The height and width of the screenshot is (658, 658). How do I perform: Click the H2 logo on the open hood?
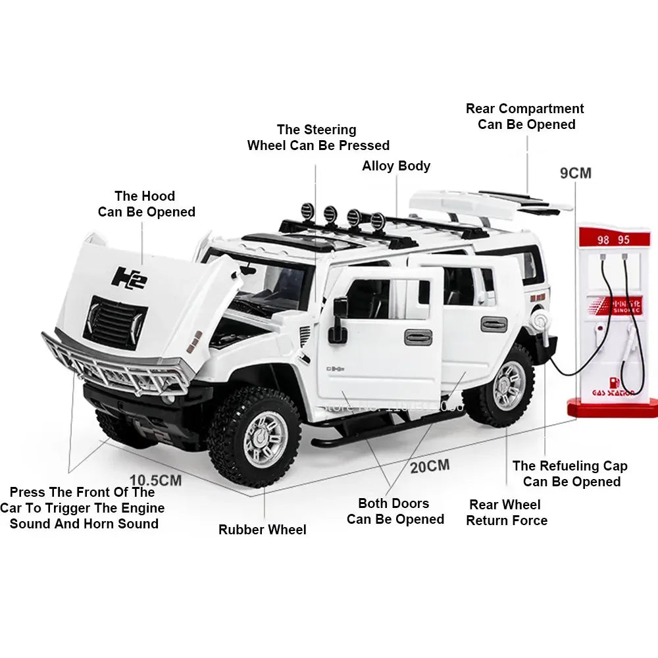(x=129, y=277)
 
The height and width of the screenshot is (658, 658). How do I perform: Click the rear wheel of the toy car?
(x=507, y=385)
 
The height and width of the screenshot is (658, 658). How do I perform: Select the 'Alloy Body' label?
(x=396, y=166)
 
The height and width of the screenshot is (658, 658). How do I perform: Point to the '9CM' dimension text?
(x=575, y=173)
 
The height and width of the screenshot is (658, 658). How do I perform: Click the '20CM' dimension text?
(x=430, y=467)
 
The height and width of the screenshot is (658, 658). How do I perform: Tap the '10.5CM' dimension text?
(x=155, y=480)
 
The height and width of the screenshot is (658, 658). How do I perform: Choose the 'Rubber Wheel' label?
(x=262, y=530)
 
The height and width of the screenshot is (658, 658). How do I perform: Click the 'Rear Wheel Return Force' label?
(x=506, y=513)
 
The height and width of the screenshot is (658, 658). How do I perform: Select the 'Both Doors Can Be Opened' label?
(x=395, y=511)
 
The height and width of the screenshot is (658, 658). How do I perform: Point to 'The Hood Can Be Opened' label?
(x=146, y=204)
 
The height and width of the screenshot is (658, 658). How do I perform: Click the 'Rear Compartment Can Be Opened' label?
(x=525, y=116)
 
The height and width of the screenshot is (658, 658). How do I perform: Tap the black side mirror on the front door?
(x=339, y=320)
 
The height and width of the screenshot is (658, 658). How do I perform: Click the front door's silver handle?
(x=418, y=337)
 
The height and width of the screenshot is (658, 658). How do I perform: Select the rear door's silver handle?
(x=493, y=324)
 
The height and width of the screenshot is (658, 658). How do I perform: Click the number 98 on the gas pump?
(x=603, y=240)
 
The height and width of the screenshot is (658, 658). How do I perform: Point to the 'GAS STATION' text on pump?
(x=613, y=393)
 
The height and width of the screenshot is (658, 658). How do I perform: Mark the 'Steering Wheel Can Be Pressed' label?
(x=318, y=138)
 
